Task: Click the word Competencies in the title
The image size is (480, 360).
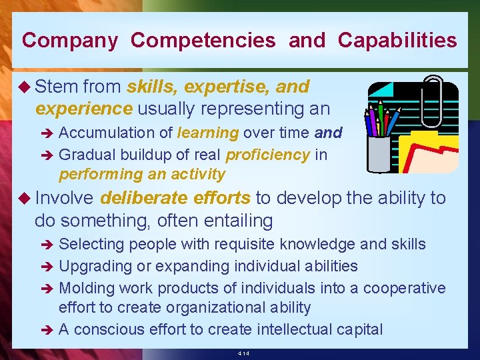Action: click(203, 41)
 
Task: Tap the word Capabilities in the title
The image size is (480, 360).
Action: click(397, 41)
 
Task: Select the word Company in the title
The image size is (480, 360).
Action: click(70, 41)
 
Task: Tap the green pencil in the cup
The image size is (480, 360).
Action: click(381, 117)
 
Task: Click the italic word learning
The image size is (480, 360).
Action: click(208, 133)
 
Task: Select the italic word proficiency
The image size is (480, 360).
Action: click(267, 155)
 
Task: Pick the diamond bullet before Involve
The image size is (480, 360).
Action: click(27, 198)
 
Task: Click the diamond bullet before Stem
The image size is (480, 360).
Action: click(27, 87)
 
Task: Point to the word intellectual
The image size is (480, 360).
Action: click(295, 329)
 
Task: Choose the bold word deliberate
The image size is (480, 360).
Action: click(141, 197)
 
